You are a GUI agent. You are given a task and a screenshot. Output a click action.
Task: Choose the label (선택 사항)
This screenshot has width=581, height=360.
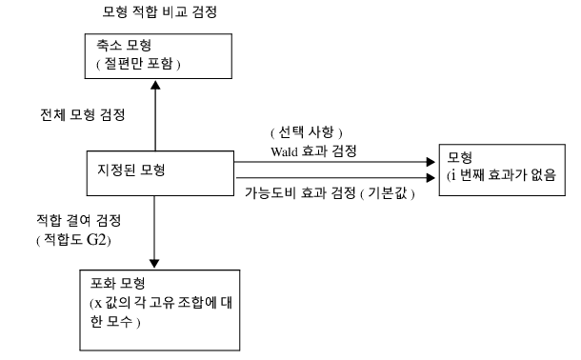pyautogui.click(x=307, y=132)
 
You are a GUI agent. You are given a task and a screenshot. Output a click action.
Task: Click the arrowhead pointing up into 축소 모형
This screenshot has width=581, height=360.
pyautogui.click(x=154, y=83)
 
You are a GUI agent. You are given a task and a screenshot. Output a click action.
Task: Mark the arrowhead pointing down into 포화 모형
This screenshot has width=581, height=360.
pyautogui.click(x=154, y=264)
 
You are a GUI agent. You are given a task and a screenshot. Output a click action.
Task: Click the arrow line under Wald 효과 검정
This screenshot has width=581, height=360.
pyautogui.click(x=333, y=162)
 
